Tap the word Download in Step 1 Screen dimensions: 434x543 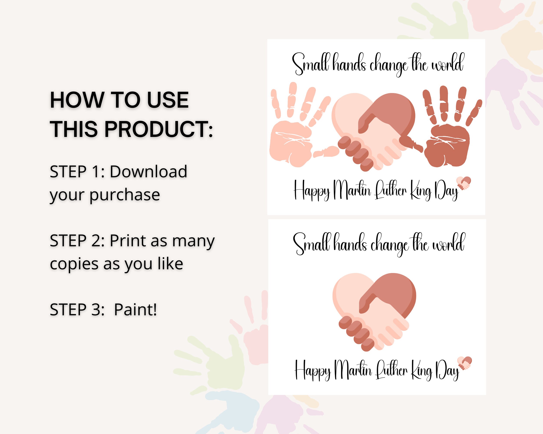148,172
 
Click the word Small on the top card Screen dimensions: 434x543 310,63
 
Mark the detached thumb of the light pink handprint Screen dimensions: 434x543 326,152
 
